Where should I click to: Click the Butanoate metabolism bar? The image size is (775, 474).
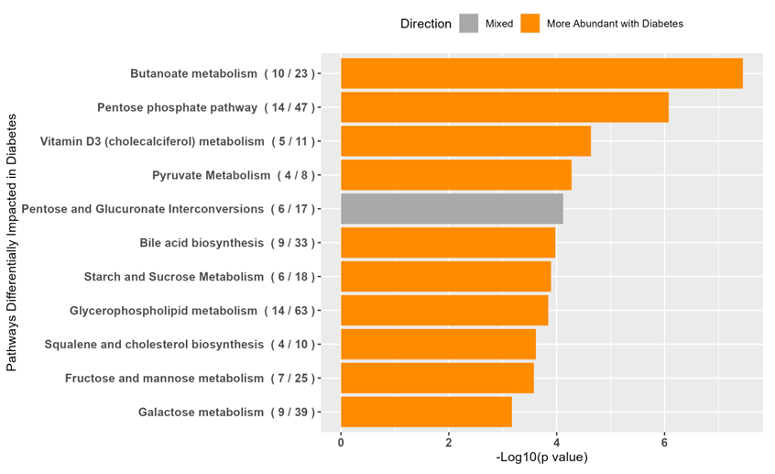coord(540,73)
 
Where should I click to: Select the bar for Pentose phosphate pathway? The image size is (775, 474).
coord(504,107)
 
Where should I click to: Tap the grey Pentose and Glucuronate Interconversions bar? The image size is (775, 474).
coord(452,209)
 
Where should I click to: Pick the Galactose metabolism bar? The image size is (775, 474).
coord(426,412)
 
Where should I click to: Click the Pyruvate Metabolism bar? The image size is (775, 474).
coord(455,175)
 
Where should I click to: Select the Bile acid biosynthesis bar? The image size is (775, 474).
coord(448,243)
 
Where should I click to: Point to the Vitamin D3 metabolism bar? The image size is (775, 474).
coord(465,141)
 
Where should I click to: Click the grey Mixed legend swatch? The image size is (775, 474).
coord(469,24)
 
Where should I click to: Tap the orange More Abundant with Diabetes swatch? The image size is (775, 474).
coord(529,24)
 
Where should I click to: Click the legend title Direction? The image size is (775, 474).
coord(425,24)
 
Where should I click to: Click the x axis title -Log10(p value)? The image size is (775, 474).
coord(541,457)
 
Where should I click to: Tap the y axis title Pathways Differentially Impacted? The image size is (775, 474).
coord(12,243)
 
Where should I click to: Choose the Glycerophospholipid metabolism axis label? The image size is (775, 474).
coord(192,311)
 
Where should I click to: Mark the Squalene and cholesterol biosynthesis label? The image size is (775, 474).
coord(180,345)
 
